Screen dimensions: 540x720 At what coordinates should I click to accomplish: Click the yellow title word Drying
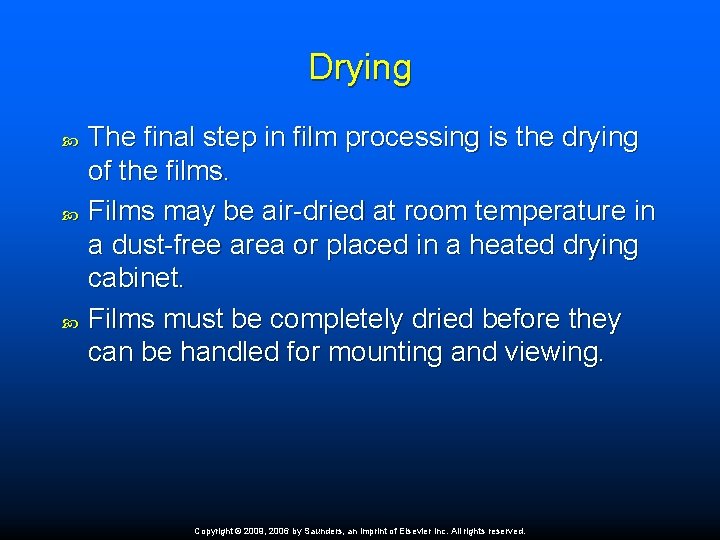point(360,68)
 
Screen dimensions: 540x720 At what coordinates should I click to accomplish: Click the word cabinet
point(135,279)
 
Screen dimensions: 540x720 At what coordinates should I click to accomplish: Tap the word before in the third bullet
point(523,319)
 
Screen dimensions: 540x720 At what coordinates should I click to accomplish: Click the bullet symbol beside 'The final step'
point(69,139)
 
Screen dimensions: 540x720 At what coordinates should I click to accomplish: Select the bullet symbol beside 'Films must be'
point(69,320)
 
